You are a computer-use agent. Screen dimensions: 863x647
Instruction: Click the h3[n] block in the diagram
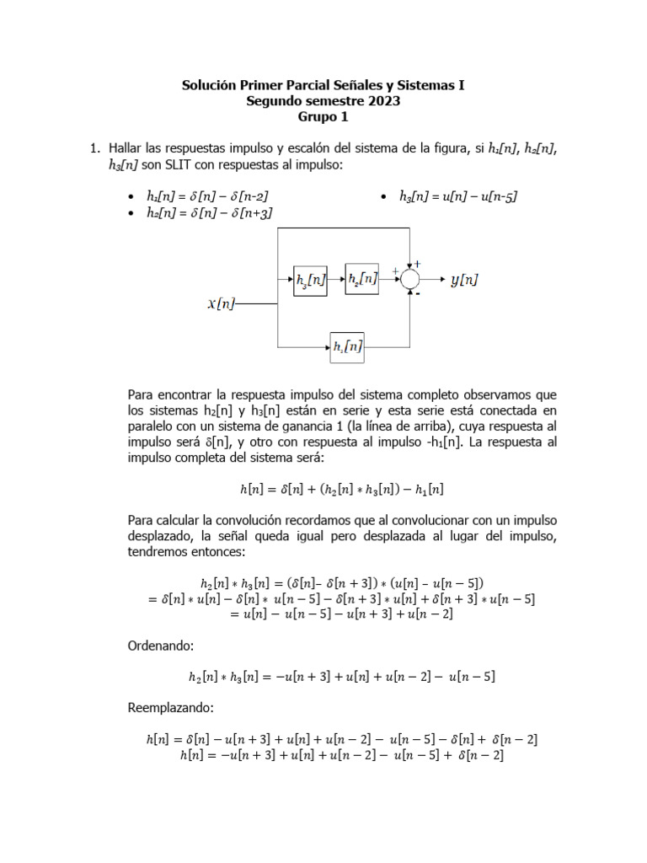pyautogui.click(x=309, y=280)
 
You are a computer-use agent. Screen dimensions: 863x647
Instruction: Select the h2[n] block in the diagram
pyautogui.click(x=361, y=278)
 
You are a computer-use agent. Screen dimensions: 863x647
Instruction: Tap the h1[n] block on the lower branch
pyautogui.click(x=347, y=346)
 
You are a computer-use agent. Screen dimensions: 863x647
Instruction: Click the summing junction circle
pyautogui.click(x=410, y=278)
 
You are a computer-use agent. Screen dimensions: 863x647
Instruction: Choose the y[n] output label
pyautogui.click(x=464, y=279)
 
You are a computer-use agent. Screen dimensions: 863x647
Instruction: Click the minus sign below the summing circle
pyautogui.click(x=418, y=294)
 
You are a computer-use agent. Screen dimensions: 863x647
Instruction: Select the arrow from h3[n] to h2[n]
pyautogui.click(x=335, y=278)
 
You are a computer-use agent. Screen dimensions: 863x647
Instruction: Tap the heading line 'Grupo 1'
pyautogui.click(x=323, y=117)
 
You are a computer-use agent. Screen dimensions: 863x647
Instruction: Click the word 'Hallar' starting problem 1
pyautogui.click(x=128, y=149)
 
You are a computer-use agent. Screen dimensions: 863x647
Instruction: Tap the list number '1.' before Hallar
pyautogui.click(x=95, y=149)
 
